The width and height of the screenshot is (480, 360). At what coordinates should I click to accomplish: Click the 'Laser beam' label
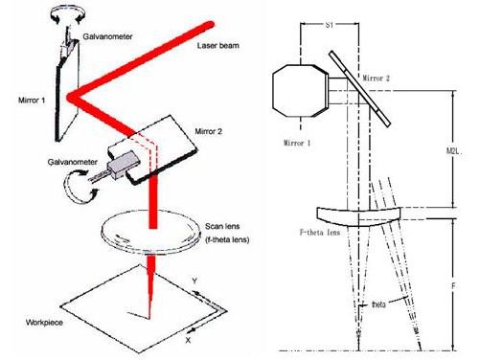[217, 46]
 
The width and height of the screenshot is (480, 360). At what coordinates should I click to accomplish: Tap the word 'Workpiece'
[44, 323]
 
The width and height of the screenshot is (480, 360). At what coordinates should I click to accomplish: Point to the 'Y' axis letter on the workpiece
[194, 281]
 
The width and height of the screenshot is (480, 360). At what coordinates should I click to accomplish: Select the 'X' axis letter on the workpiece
[188, 340]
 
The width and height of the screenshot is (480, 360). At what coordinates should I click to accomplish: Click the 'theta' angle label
[378, 304]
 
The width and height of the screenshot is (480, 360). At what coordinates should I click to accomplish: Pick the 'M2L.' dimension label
[454, 150]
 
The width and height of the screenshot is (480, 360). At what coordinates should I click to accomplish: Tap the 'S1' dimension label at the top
[330, 25]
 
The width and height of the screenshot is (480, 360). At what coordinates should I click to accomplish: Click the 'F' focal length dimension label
[453, 286]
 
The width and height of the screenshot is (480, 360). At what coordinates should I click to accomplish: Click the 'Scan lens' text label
[222, 226]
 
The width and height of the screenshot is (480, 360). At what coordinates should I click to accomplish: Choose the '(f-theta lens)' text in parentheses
[227, 239]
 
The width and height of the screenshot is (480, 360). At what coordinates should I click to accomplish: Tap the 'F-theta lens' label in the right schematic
[320, 232]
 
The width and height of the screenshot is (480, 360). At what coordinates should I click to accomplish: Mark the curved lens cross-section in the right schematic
[358, 216]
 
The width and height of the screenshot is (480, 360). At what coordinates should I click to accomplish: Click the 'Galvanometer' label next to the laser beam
[107, 36]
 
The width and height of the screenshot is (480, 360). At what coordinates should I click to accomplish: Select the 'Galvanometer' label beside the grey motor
[73, 162]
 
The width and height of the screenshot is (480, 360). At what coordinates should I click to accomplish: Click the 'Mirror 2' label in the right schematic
[377, 79]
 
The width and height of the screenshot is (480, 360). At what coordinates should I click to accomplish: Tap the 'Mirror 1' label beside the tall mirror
[32, 101]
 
